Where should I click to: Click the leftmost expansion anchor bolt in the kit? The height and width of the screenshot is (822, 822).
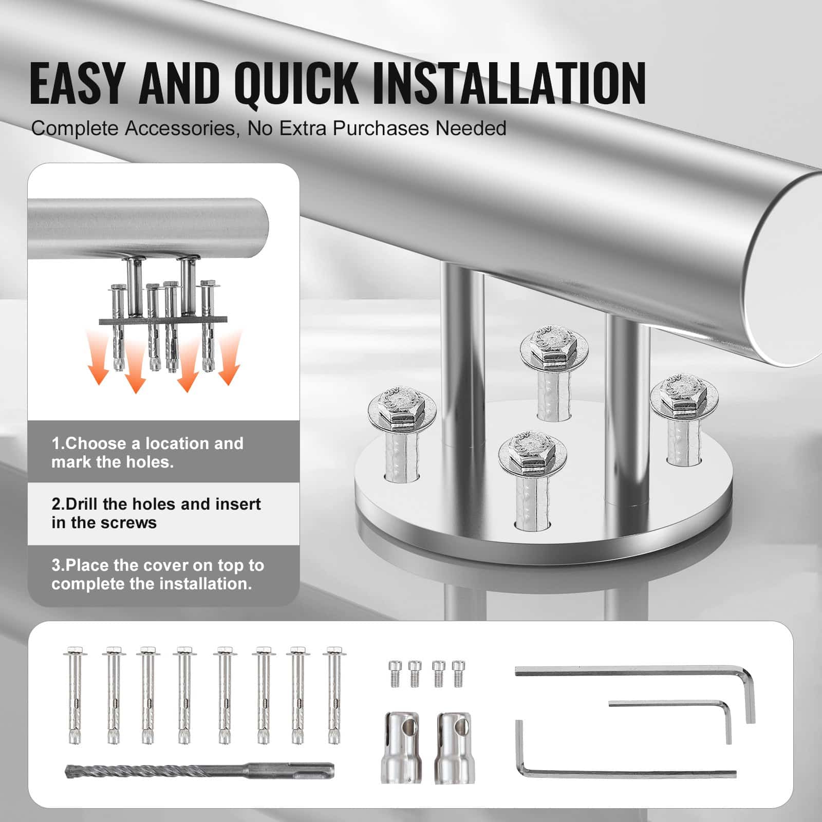(74, 696)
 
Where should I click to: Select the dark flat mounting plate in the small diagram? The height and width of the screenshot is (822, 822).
(162, 321)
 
